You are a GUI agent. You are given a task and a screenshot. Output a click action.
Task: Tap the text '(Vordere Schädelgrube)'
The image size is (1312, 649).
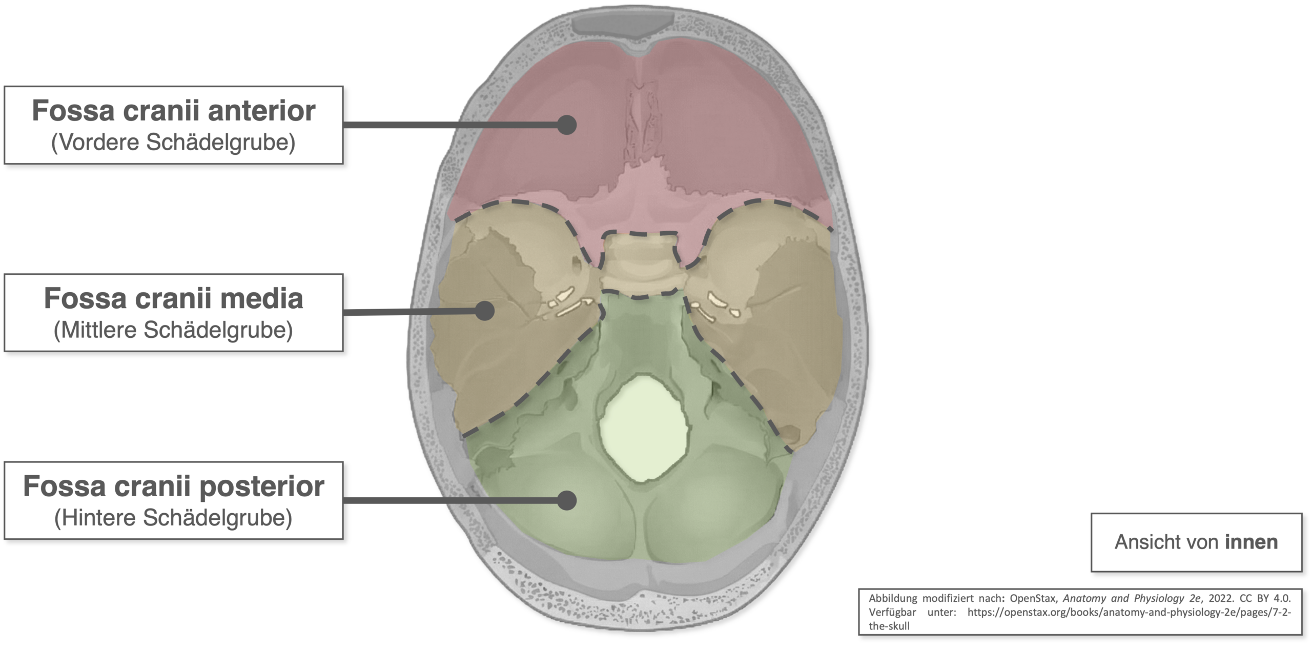pos(173,143)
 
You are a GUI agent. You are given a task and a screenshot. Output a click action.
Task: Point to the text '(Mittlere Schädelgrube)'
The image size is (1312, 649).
pos(173,330)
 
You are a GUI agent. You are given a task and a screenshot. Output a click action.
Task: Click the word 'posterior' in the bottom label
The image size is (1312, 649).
pos(261,486)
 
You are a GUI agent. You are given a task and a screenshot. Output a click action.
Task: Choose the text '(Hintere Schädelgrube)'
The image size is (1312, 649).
pos(173,518)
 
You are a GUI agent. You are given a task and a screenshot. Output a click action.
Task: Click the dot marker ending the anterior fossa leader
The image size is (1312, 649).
pos(567,125)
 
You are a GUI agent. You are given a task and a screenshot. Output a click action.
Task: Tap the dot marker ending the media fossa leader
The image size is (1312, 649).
pos(484,311)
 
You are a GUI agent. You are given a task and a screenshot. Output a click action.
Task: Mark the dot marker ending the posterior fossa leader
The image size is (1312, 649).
pos(567,500)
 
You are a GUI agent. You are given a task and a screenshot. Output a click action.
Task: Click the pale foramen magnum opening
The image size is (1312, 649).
pos(643,428)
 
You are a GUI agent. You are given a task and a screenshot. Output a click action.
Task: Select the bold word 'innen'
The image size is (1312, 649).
pos(1251,542)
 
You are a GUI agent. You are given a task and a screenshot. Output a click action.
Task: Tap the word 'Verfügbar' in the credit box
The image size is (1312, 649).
pos(892,612)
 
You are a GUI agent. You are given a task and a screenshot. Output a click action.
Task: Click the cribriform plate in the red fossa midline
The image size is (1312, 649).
pos(641,123)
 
